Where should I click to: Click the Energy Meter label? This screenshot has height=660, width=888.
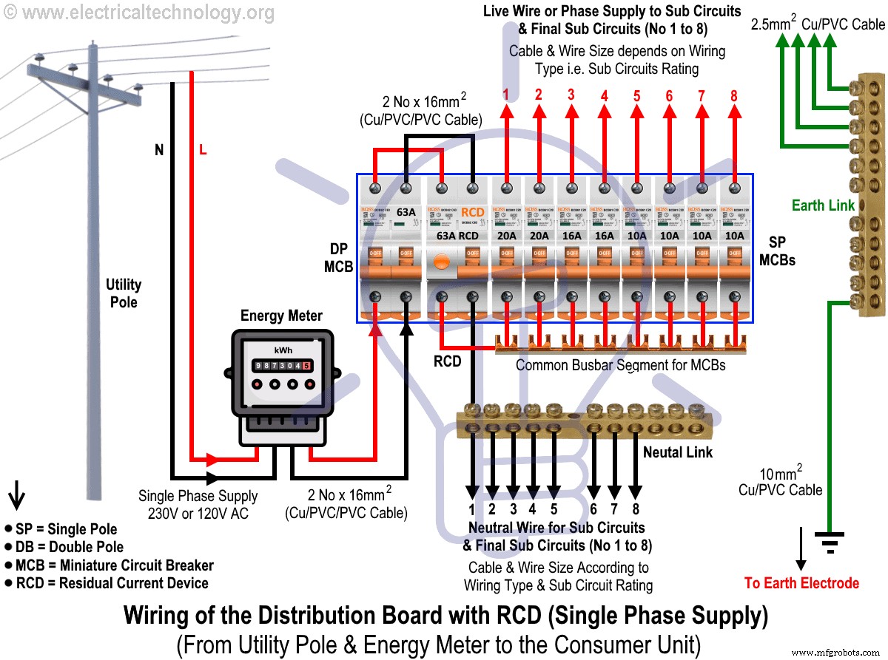click(281, 316)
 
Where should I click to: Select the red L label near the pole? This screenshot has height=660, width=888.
click(203, 150)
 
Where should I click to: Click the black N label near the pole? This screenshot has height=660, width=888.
click(159, 150)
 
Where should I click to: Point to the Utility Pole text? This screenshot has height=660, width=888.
click(124, 293)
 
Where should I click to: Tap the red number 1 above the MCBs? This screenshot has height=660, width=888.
click(506, 95)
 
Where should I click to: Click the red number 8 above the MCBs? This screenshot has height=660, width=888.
click(734, 96)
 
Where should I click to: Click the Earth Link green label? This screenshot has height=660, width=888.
click(823, 205)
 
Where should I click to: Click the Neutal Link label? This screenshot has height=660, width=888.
click(677, 452)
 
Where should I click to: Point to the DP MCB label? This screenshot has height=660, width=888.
click(337, 258)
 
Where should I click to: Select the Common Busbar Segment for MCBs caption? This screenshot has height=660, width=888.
click(620, 365)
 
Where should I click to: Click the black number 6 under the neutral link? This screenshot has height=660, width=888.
click(593, 509)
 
